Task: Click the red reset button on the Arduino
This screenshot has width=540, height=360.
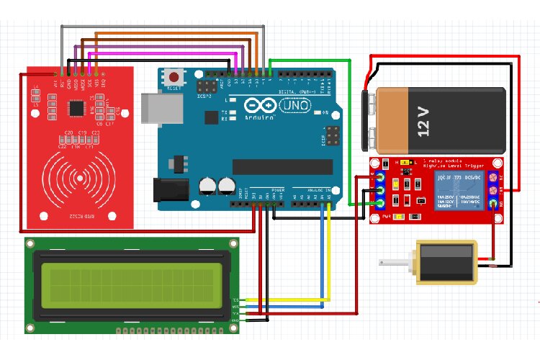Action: (174, 76)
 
